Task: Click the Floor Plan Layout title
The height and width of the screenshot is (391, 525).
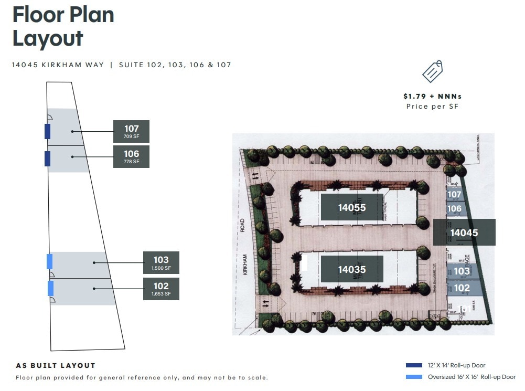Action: [63, 26]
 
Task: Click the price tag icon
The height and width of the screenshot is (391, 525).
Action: [432, 72]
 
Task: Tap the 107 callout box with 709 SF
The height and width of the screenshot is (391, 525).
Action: [131, 131]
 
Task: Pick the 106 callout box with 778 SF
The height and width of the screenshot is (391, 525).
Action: [131, 156]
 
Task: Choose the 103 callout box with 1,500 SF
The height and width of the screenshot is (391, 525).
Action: [161, 262]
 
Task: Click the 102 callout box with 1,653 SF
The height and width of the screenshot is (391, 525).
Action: [161, 289]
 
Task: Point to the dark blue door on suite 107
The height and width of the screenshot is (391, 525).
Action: [48, 131]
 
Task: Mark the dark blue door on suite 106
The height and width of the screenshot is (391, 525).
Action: [48, 158]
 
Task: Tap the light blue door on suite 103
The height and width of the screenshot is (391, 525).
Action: [50, 261]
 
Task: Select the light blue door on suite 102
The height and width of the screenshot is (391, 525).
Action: [50, 288]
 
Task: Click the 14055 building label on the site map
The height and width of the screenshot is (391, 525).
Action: [352, 207]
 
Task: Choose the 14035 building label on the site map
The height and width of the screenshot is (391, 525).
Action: [352, 269]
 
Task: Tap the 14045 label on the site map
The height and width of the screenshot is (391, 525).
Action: [464, 233]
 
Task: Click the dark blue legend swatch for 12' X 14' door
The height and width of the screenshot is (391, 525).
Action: [414, 365]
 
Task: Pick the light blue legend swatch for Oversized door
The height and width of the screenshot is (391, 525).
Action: [414, 377]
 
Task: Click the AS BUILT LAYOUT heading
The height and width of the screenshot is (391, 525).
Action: [56, 365]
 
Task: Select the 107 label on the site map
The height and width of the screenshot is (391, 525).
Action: [454, 195]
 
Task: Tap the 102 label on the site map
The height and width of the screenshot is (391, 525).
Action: [462, 288]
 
